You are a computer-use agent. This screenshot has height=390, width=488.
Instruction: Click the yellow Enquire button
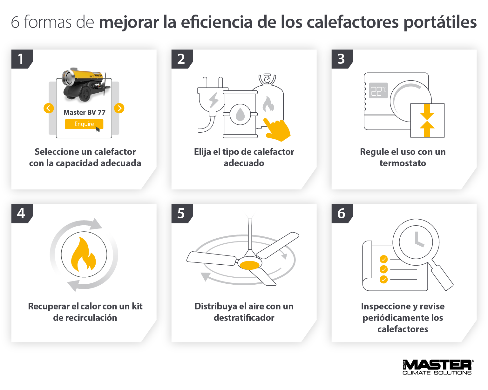point(84,124)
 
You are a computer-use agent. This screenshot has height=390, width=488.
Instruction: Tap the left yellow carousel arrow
point(48,108)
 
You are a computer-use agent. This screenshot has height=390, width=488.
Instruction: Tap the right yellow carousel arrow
point(119,108)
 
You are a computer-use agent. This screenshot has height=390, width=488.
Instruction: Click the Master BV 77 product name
point(84,112)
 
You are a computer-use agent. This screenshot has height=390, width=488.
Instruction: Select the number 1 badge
point(21,59)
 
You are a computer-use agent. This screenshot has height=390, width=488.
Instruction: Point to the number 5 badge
point(181,213)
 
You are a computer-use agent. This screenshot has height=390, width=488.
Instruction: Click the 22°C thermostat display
point(378,90)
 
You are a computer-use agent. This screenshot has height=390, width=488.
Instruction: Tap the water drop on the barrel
point(241,114)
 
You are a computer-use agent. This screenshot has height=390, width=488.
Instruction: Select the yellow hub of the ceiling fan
point(250,264)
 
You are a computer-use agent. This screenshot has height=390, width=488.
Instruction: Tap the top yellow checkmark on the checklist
point(384,259)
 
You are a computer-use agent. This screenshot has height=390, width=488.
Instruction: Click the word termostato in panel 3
point(403,163)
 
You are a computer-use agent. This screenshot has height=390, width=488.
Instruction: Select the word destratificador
point(244,318)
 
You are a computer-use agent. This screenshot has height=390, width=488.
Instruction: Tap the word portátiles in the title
point(440,22)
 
